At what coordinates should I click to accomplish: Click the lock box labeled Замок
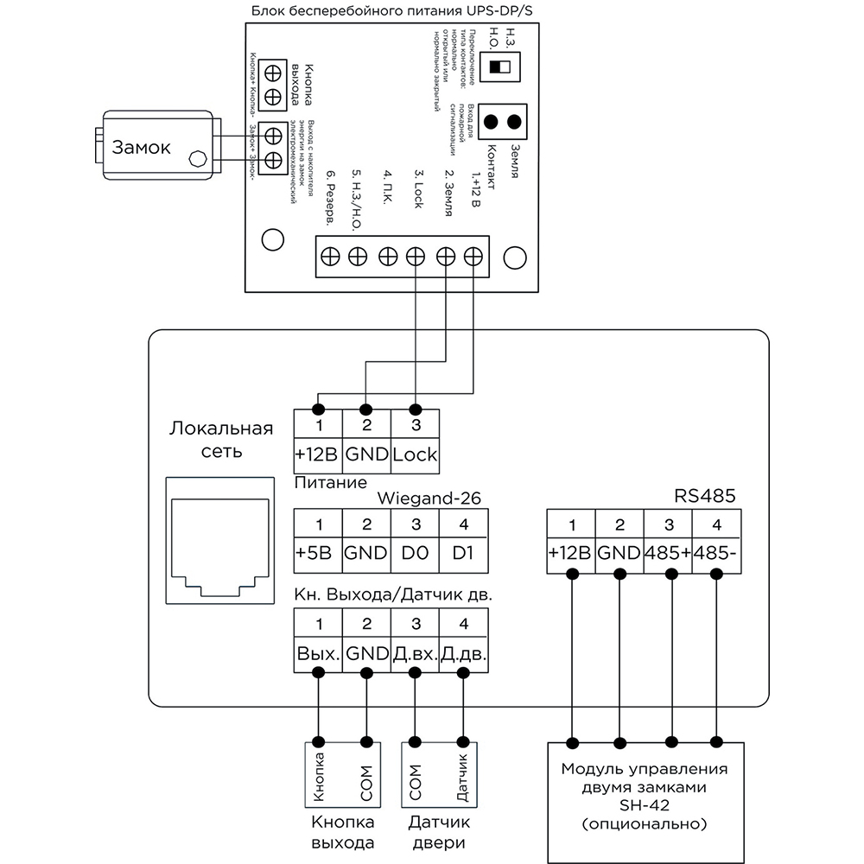[x=156, y=149]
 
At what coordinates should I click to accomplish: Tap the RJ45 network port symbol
[x=219, y=545]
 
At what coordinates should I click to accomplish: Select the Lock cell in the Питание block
[x=415, y=454]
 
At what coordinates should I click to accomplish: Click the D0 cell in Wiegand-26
[x=415, y=552]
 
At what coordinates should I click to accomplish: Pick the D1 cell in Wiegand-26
[x=462, y=552]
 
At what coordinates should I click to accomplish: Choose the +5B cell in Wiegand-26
[x=318, y=552]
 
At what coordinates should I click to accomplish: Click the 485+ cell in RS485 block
[x=668, y=552]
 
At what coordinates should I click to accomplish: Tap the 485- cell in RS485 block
[x=716, y=552]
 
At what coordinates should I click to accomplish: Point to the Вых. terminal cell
[x=318, y=652]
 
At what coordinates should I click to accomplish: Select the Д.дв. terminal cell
[x=462, y=652]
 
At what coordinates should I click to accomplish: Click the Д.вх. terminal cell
[x=415, y=652]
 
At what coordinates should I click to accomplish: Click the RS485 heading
[x=697, y=497]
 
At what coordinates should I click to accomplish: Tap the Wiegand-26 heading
[x=429, y=499]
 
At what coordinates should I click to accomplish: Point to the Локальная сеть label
[x=221, y=440]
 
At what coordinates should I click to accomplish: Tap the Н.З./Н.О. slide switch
[x=500, y=67]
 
